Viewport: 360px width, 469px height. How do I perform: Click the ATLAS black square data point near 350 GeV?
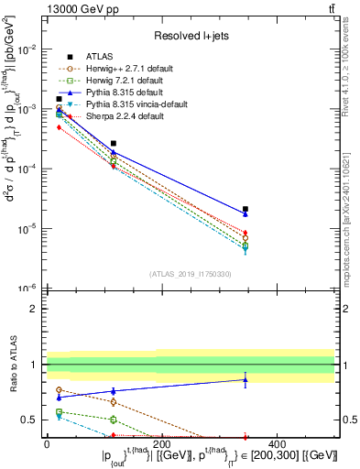[x=245, y=210]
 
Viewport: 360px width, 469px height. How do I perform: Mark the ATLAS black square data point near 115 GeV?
[x=114, y=144]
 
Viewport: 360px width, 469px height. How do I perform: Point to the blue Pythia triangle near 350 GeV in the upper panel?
[x=245, y=213]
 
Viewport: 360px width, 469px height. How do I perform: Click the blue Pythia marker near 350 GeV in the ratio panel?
[x=245, y=379]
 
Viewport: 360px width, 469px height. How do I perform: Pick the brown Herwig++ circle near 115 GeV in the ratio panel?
[x=114, y=402]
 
